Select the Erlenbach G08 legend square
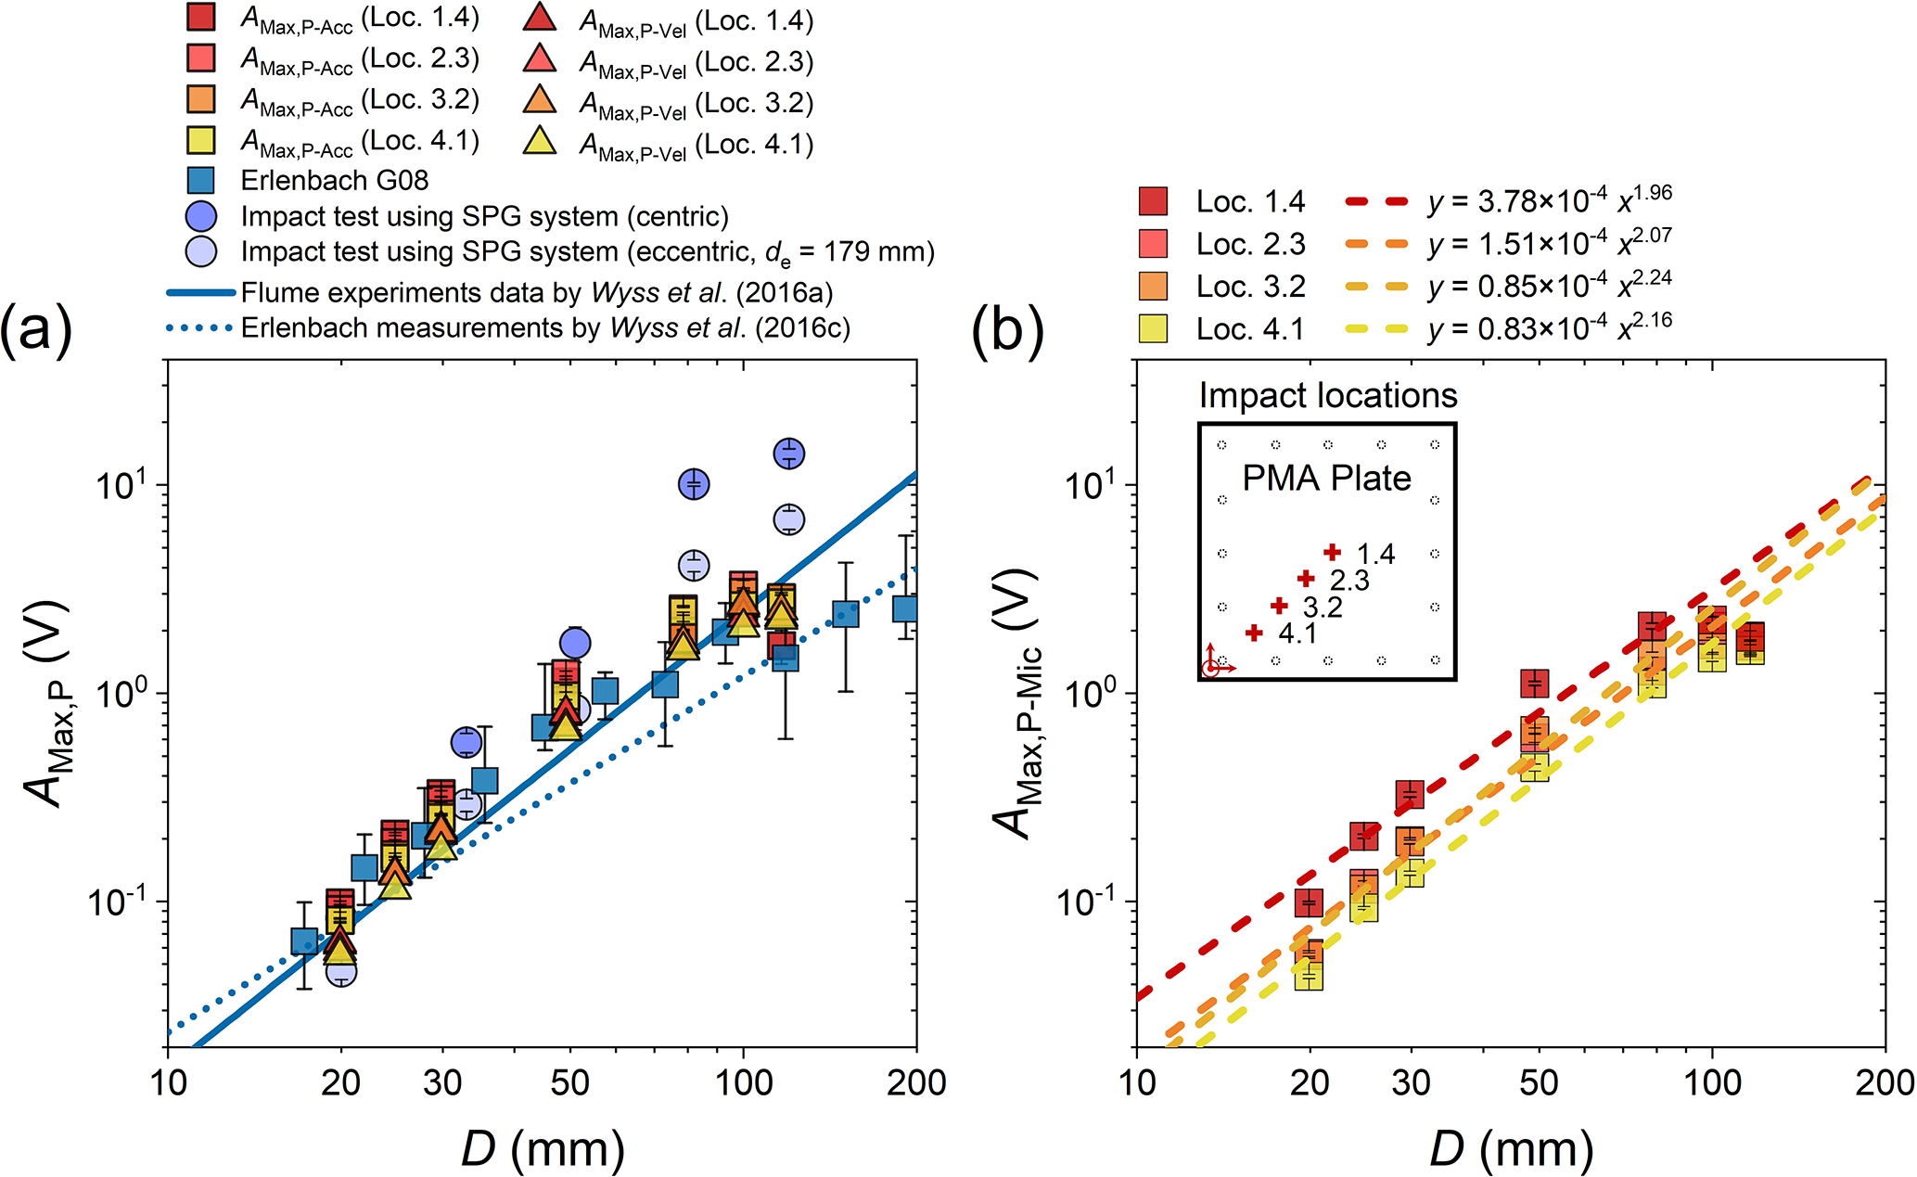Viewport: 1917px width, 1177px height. click(x=201, y=180)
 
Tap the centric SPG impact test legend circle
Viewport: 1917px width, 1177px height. click(x=201, y=216)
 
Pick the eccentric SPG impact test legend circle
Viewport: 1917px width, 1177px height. click(x=201, y=251)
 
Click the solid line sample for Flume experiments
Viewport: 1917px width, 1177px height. click(x=200, y=293)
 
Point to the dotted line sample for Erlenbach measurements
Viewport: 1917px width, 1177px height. click(x=200, y=328)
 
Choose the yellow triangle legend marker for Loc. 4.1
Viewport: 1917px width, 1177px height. click(x=540, y=141)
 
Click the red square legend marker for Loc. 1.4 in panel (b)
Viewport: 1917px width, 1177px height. click(x=1154, y=201)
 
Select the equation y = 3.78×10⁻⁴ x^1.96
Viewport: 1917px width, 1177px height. click(x=1549, y=199)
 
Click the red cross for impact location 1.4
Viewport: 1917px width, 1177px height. click(x=1333, y=552)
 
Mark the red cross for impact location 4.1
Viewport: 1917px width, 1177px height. click(x=1254, y=633)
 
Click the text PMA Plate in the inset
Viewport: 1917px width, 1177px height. click(x=1326, y=479)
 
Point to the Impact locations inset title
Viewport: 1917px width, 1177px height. click(x=1328, y=396)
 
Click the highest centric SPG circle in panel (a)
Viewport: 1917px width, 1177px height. click(x=788, y=454)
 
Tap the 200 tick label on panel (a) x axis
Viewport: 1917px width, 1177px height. click(x=916, y=1082)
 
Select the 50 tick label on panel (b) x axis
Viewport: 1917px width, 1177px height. click(x=1539, y=1082)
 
